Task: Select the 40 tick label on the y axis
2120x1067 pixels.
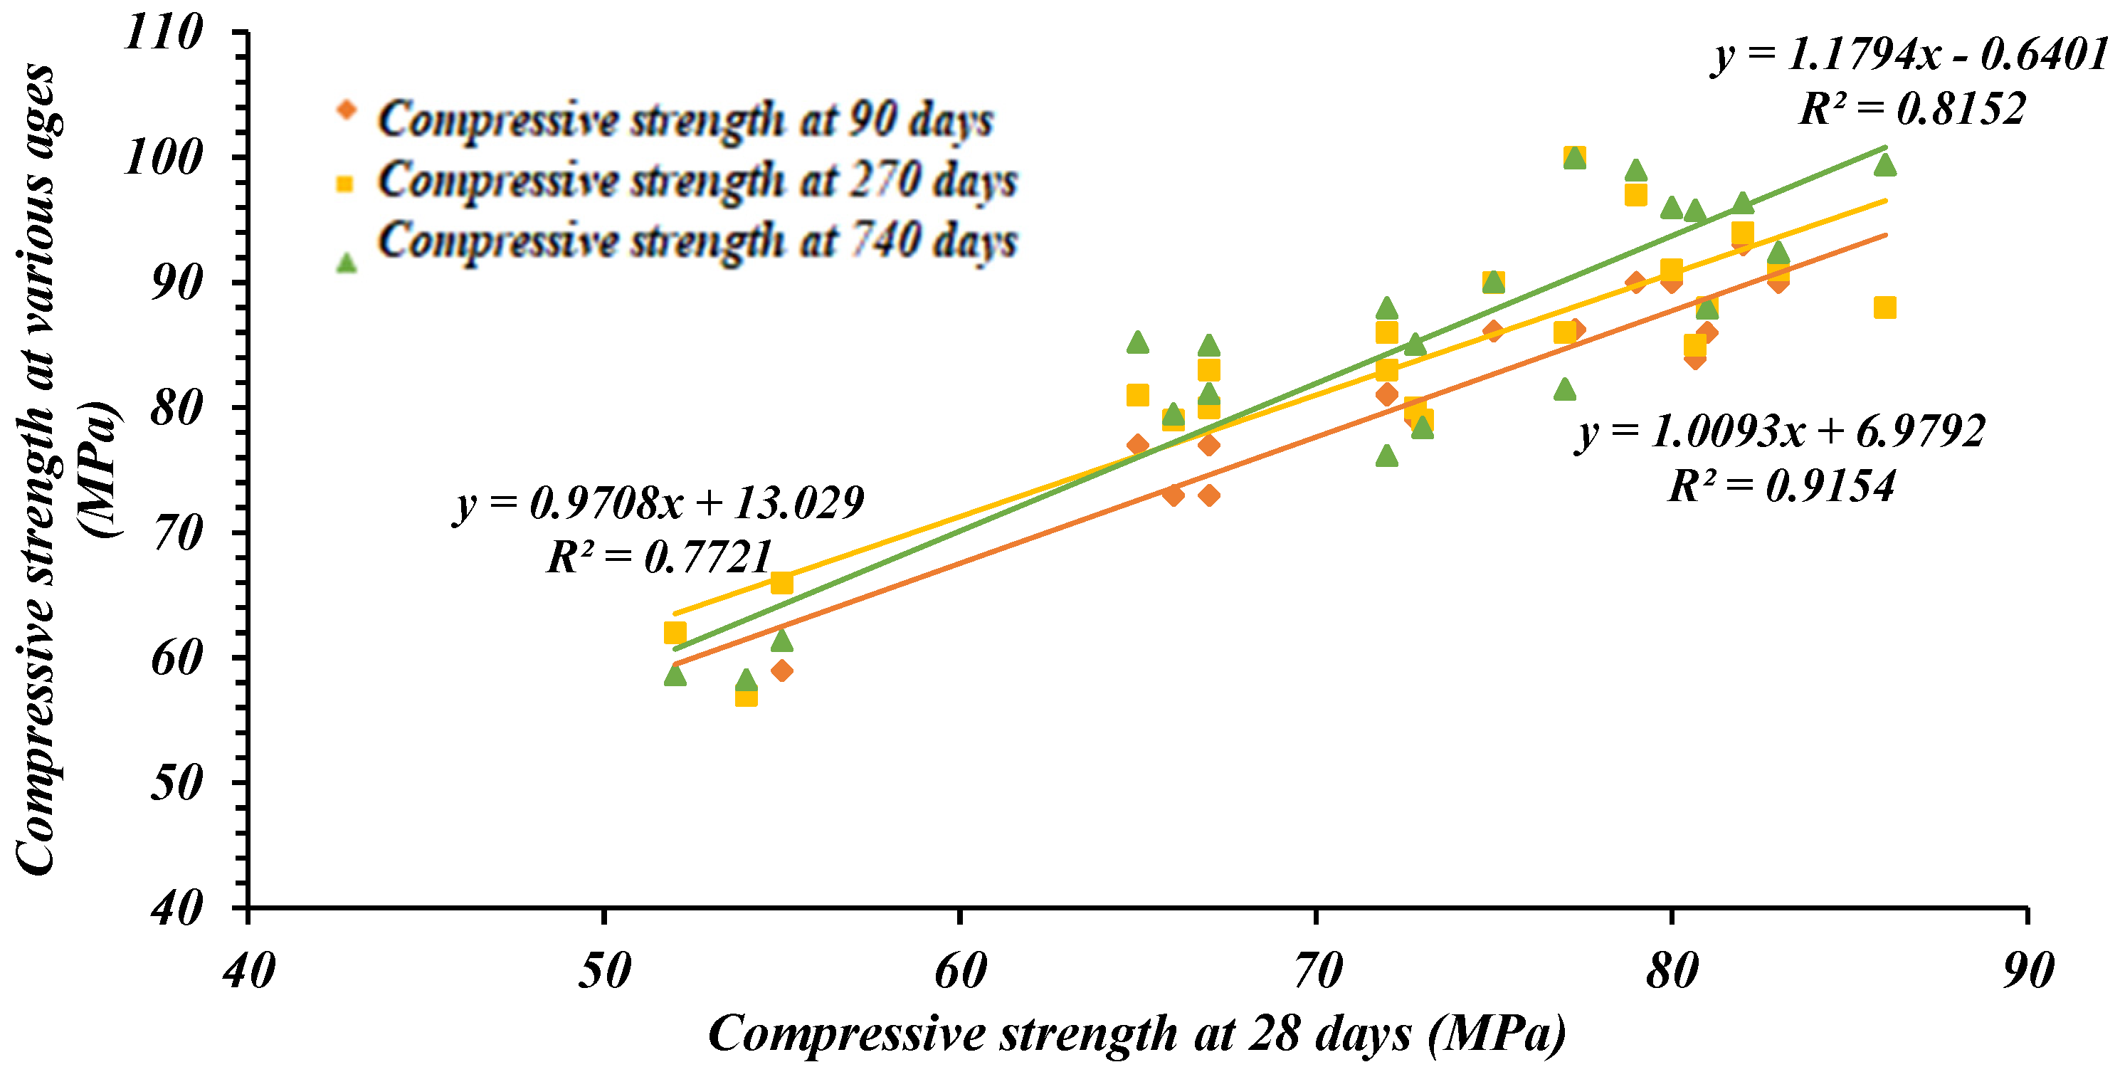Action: pos(176,909)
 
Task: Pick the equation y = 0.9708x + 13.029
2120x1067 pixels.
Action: pos(659,503)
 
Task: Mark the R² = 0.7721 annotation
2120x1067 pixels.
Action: pos(659,557)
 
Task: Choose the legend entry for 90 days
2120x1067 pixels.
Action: pos(685,120)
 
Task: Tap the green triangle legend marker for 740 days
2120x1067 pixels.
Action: pos(347,263)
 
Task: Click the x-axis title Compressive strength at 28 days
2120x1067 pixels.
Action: pos(1137,1034)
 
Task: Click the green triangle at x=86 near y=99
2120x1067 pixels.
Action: pos(1884,165)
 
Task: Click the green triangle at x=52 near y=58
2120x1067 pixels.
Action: pos(675,675)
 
